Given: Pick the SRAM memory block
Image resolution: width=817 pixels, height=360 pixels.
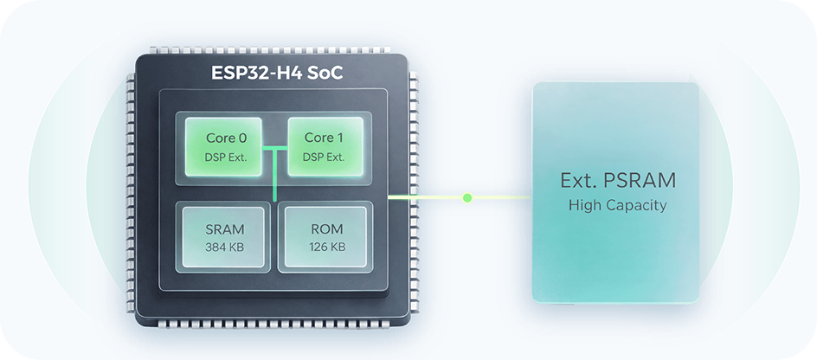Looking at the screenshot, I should [x=225, y=237].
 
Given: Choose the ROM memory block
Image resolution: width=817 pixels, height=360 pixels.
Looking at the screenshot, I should [x=325, y=237].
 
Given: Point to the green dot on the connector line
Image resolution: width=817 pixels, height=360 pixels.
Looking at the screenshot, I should [x=467, y=197].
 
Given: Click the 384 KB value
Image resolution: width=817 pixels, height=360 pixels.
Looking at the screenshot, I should [x=225, y=247].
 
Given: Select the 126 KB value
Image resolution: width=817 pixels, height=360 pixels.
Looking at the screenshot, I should [x=325, y=247].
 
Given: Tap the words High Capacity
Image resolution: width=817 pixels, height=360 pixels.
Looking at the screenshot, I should [x=616, y=205].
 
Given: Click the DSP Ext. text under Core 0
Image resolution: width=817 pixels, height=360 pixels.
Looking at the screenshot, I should [x=225, y=157].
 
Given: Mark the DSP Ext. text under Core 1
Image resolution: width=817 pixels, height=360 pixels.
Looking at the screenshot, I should [x=324, y=157].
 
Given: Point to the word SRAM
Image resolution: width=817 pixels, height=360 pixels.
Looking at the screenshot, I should [x=225, y=229].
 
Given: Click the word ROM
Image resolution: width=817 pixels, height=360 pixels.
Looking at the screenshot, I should [x=325, y=229].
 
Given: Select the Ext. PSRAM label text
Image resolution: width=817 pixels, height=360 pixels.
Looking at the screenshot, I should [x=616, y=181].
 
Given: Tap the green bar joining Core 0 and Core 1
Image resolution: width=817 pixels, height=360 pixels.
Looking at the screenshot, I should [x=274, y=148].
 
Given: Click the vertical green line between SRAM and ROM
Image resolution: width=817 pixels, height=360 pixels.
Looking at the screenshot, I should [x=274, y=186].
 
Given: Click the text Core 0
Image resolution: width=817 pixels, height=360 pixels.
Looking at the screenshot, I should [x=225, y=138].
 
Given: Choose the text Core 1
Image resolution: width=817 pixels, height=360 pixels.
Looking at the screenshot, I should [x=324, y=138].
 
